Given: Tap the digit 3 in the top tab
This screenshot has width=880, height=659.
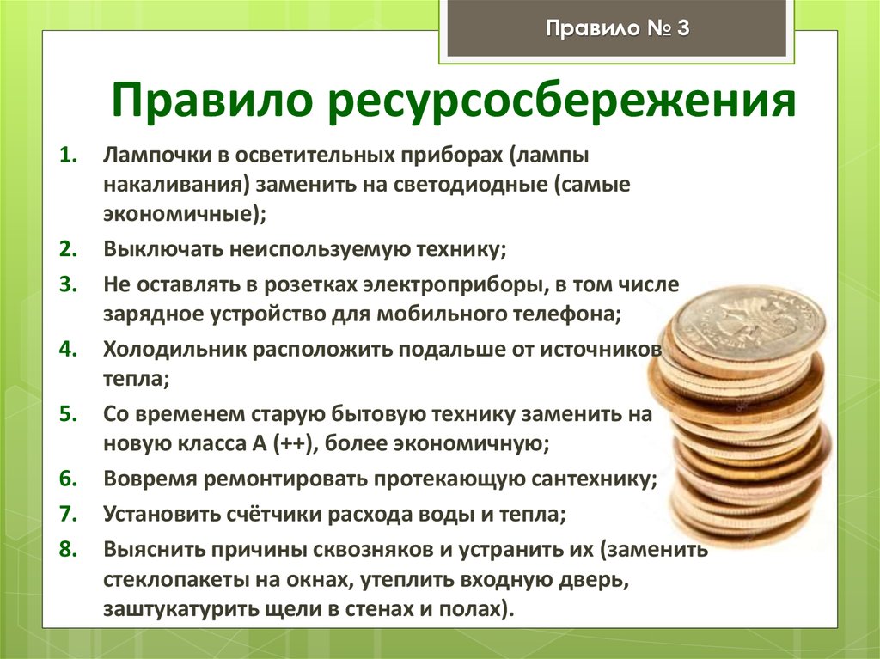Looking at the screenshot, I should tap(683, 30).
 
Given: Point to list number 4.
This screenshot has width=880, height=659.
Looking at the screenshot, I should tap(69, 350).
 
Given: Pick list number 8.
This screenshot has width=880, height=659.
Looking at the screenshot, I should tap(69, 548).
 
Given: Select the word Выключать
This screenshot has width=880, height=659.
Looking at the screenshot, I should tap(160, 250).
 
